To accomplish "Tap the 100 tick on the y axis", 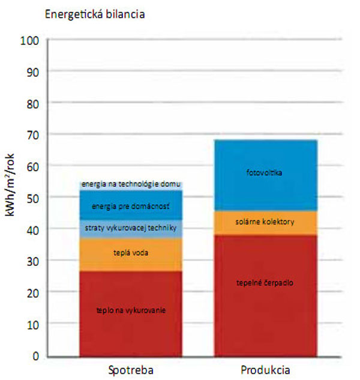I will coord(29,40).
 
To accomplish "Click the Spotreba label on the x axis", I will coord(131,370).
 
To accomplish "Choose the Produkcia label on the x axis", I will coord(265,370).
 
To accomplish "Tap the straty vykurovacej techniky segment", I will coord(131,229).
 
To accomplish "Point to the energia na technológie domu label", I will coord(131,184).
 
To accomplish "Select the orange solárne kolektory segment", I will coord(265,222).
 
